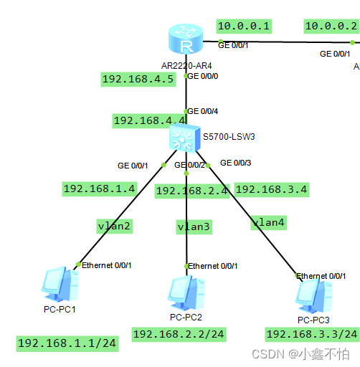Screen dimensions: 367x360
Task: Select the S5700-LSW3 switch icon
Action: (186, 136)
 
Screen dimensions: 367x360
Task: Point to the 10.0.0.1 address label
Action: (243, 27)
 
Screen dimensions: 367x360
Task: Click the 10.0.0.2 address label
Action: (331, 27)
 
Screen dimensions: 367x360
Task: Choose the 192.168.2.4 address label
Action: (191, 191)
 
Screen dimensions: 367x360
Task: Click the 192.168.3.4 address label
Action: (271, 189)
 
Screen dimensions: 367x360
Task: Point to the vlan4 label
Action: (268, 222)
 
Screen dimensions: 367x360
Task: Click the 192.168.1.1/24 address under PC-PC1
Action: (66, 343)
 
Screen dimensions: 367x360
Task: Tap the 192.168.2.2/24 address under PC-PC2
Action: (177, 334)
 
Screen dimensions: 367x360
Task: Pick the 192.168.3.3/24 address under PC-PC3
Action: (311, 334)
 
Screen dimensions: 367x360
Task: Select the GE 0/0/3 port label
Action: (236, 163)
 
